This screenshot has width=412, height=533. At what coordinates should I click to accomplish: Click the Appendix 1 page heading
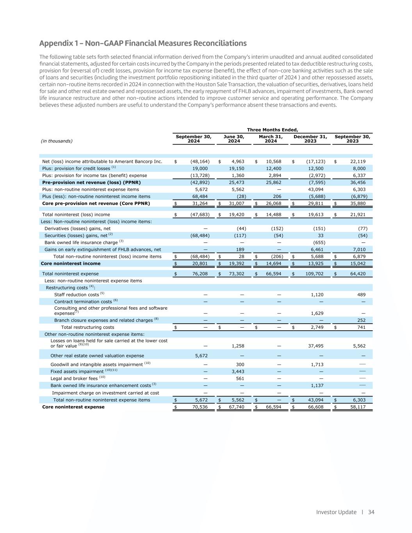(x=143, y=43)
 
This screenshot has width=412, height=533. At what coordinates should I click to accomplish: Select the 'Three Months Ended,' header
(x=273, y=130)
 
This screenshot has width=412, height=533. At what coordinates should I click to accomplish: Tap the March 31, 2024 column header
(x=271, y=139)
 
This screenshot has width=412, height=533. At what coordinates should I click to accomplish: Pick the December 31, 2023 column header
(x=310, y=139)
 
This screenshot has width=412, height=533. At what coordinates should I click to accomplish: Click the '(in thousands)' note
(x=57, y=141)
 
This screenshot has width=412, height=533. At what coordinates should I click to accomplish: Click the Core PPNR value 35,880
(x=356, y=203)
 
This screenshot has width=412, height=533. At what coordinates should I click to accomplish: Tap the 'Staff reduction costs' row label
(x=77, y=295)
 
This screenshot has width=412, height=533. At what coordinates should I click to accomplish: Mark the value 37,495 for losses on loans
(x=317, y=346)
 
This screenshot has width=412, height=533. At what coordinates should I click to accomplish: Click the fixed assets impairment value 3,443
(x=238, y=371)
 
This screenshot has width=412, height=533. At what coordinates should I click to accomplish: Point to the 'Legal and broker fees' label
(x=74, y=378)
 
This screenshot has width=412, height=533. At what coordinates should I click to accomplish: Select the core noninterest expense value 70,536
(x=200, y=407)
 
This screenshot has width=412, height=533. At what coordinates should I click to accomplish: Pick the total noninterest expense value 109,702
(x=314, y=274)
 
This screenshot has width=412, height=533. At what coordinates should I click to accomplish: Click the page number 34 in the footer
(x=371, y=512)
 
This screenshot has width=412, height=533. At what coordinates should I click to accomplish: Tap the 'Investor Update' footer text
(x=336, y=512)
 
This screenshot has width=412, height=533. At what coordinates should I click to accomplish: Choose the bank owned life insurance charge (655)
(x=318, y=242)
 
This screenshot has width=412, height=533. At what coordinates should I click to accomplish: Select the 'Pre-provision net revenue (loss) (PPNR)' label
(x=91, y=182)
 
